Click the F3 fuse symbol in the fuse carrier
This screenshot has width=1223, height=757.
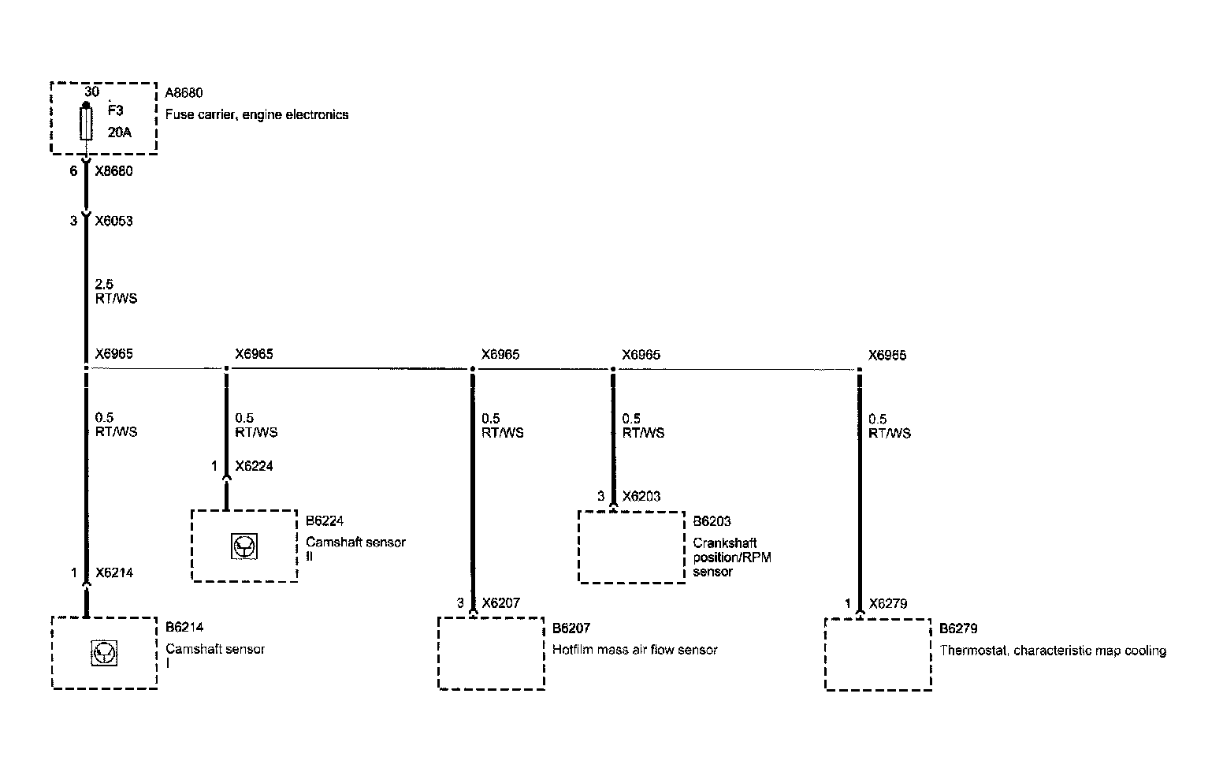(86, 124)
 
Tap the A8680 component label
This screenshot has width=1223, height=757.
(184, 93)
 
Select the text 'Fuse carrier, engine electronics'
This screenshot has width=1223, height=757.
(257, 114)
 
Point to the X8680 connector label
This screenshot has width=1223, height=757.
(113, 171)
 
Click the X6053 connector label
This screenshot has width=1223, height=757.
(113, 221)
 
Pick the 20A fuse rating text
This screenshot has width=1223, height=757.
(120, 132)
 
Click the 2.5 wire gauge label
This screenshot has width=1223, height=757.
(105, 284)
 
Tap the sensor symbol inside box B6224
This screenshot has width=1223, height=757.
(244, 546)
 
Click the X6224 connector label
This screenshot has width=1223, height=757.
(254, 466)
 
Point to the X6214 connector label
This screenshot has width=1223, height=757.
(113, 573)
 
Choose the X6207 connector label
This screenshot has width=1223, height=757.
(500, 603)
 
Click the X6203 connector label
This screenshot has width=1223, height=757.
(641, 496)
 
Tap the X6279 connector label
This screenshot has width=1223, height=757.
(888, 604)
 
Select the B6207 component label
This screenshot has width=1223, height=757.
(571, 628)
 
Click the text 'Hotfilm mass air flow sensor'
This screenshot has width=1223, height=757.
(635, 650)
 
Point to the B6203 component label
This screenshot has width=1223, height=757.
(712, 521)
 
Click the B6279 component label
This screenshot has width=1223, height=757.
(958, 628)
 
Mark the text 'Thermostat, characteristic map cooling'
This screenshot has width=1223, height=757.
(1053, 651)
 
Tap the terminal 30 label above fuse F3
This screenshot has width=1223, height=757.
(91, 91)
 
